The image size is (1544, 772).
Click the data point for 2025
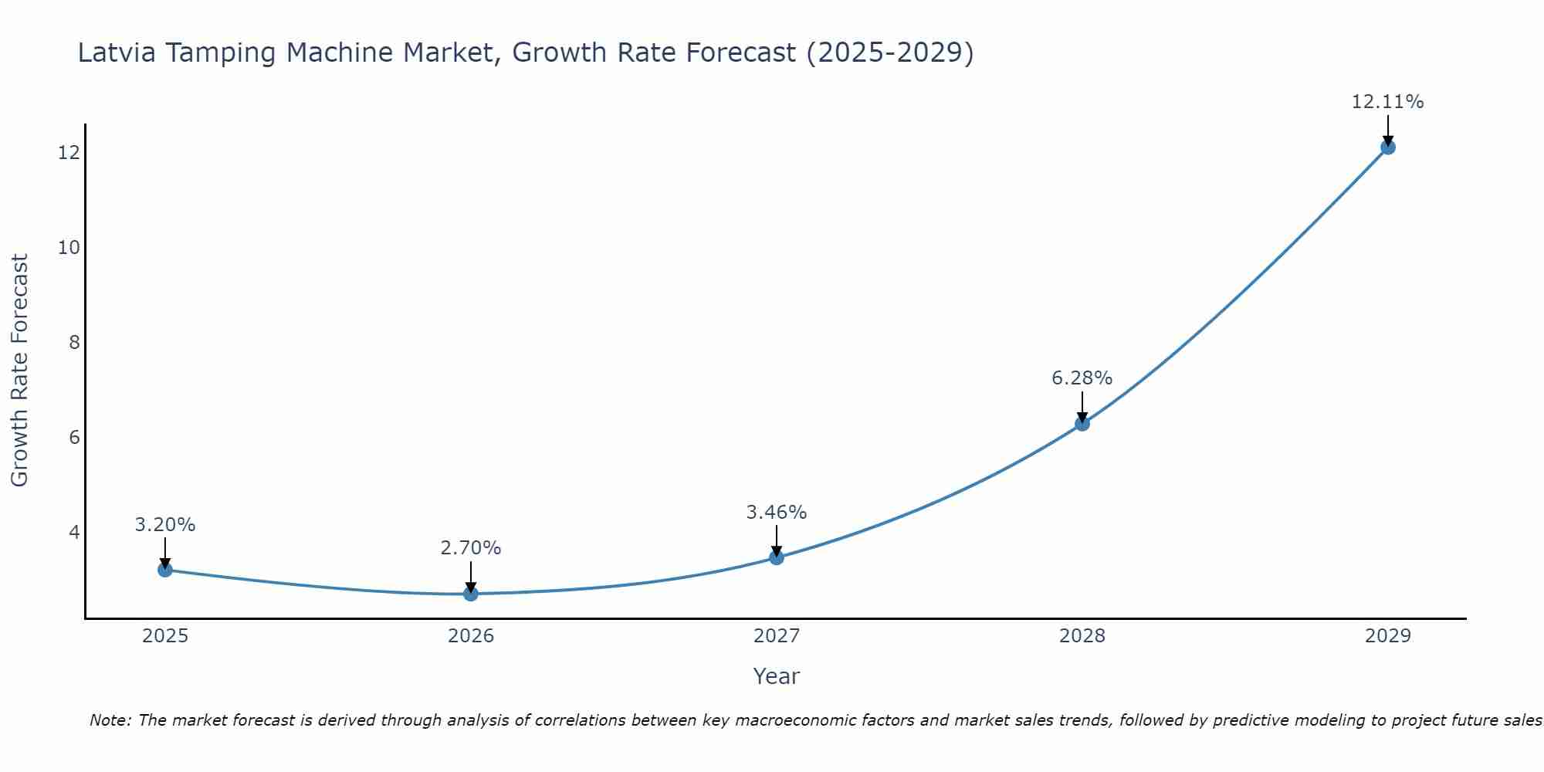[165, 570]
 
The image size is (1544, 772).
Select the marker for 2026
[471, 594]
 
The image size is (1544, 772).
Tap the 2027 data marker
[777, 557]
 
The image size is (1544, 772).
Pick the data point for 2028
[1082, 423]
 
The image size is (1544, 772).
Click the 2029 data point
[1387, 147]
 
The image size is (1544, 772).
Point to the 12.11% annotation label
[1387, 102]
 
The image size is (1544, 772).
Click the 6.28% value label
[1082, 378]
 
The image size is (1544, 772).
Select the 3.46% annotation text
[776, 513]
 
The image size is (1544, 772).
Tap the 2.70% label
[470, 548]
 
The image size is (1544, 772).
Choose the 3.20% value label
[164, 525]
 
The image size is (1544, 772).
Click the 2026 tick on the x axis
[471, 636]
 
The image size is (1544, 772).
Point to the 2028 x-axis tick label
[1082, 636]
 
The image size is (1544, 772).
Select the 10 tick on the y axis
[69, 248]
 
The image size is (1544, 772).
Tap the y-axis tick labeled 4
[74, 533]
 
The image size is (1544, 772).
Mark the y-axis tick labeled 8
[74, 343]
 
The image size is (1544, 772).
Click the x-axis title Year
[776, 676]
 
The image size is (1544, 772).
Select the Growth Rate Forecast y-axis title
[19, 371]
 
